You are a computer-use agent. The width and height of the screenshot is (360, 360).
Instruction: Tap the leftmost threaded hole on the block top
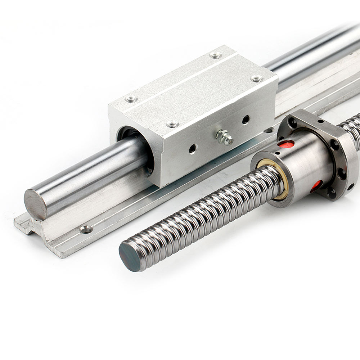coord(131,99)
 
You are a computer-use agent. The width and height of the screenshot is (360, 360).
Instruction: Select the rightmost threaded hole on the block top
coord(256,78)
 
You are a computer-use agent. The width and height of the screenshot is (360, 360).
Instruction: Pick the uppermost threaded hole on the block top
coord(215,55)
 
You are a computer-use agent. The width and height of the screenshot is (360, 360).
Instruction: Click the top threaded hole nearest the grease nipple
coord(173,125)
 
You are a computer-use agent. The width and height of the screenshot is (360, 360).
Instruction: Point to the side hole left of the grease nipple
coord(193,148)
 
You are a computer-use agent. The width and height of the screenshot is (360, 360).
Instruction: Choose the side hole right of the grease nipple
coord(246,119)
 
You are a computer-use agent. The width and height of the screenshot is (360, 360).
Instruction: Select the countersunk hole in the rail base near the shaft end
coord(86,229)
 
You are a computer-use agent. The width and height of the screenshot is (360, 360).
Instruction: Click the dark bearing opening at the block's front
coord(124,135)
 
